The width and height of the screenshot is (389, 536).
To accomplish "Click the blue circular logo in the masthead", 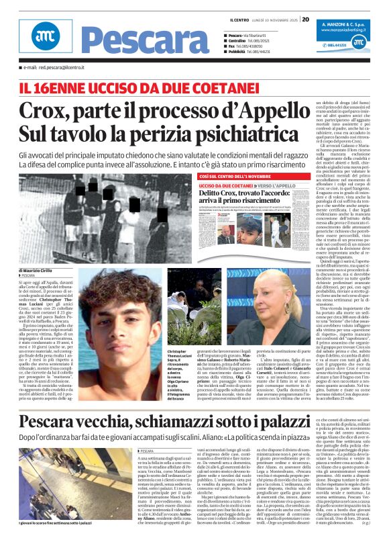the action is point(42,41).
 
